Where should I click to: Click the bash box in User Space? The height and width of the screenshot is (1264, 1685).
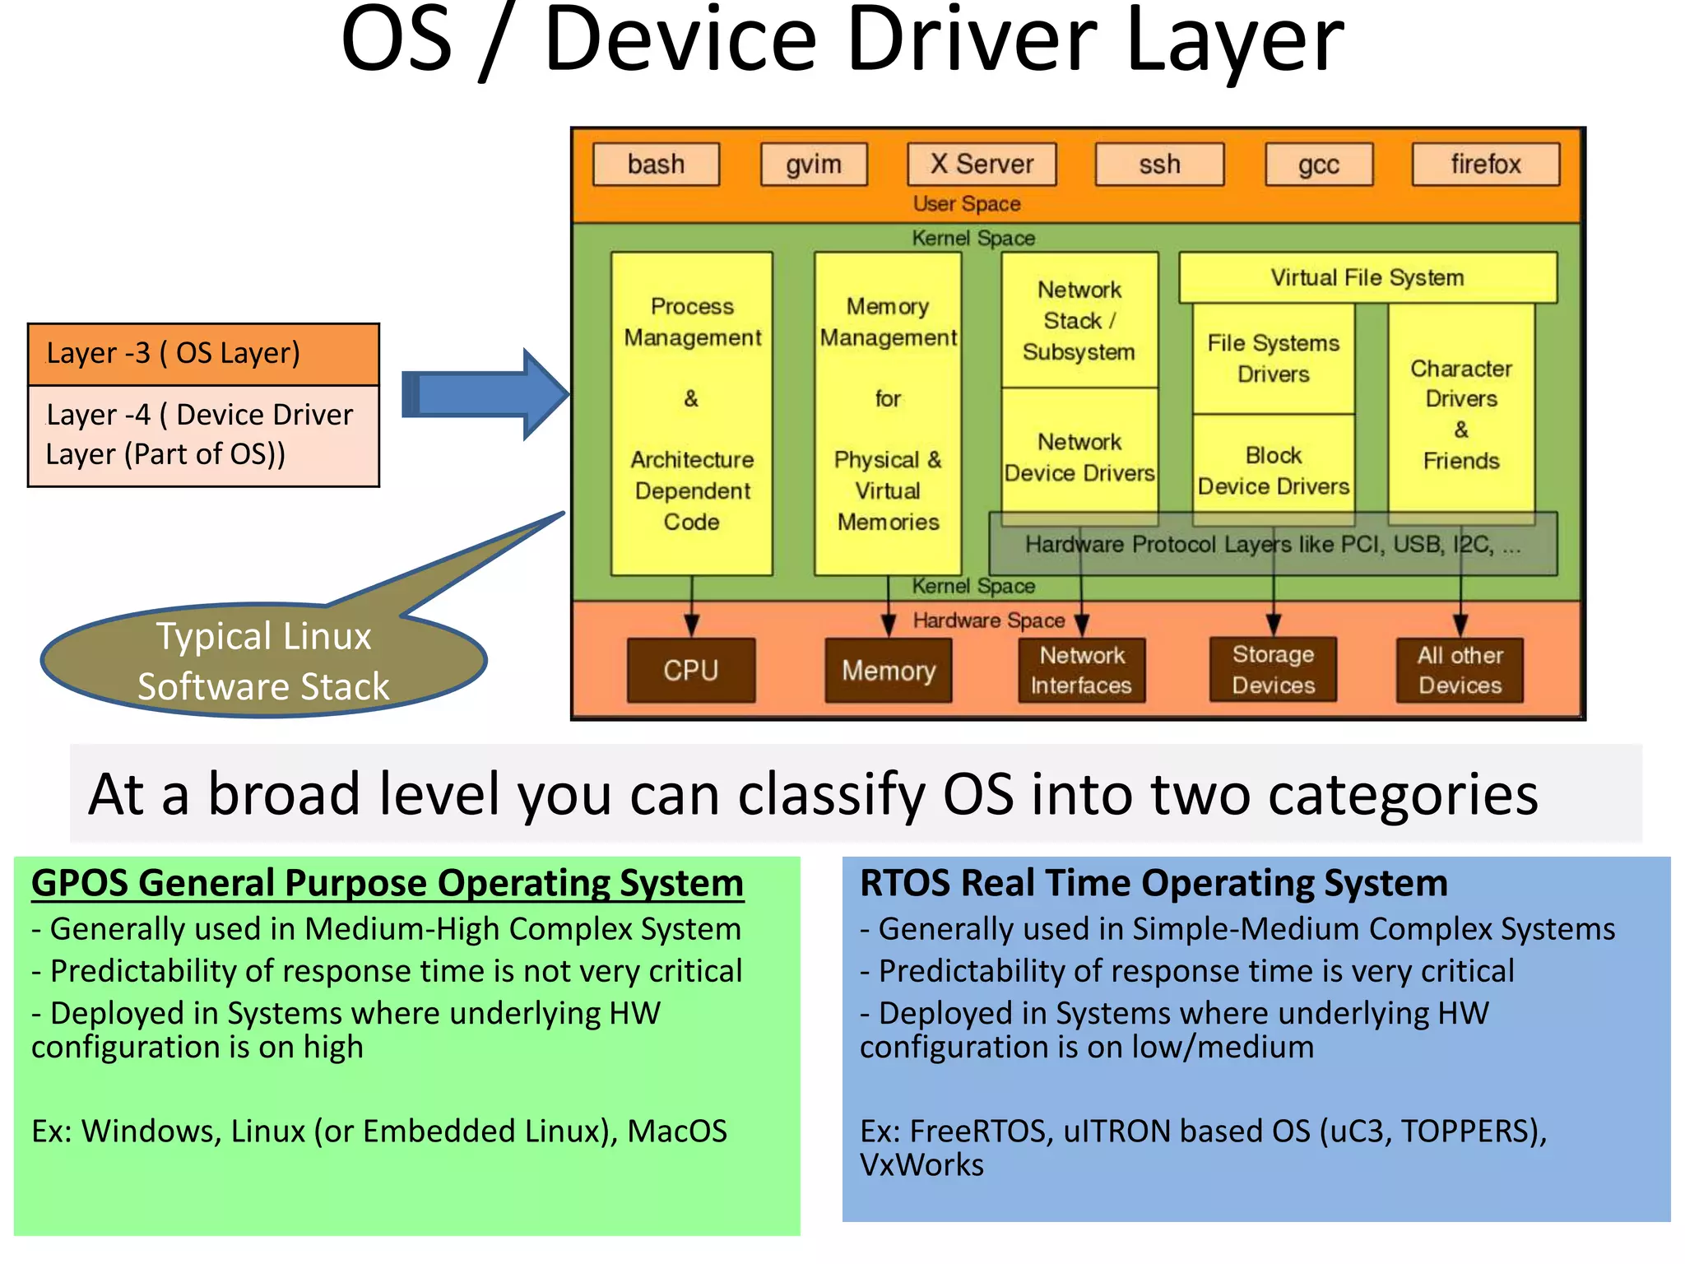(656, 165)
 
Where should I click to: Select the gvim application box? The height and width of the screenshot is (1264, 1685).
(814, 165)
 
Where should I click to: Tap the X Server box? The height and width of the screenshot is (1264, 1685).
(982, 165)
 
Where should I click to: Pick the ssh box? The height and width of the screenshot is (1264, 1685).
(1159, 165)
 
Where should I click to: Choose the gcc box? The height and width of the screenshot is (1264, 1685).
(1319, 165)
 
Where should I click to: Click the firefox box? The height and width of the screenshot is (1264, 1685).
(1486, 165)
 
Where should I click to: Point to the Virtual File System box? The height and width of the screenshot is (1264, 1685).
(1367, 278)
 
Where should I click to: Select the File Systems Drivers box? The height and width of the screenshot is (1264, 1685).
(1273, 359)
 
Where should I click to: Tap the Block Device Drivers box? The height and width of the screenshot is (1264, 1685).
(1273, 471)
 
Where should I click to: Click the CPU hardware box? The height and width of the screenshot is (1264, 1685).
(691, 671)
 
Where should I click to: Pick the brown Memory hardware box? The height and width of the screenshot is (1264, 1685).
(889, 671)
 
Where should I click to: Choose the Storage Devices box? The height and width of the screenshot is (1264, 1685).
(1273, 670)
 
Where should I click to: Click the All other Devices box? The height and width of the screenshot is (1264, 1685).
(1460, 670)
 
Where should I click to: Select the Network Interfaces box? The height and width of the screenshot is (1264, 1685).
(1081, 670)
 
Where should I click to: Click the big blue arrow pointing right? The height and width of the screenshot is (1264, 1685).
(485, 394)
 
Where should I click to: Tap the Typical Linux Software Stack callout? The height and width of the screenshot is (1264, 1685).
(263, 661)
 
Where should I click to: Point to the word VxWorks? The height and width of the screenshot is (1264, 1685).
(921, 1165)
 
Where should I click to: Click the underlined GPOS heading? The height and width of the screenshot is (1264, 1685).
(387, 883)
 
